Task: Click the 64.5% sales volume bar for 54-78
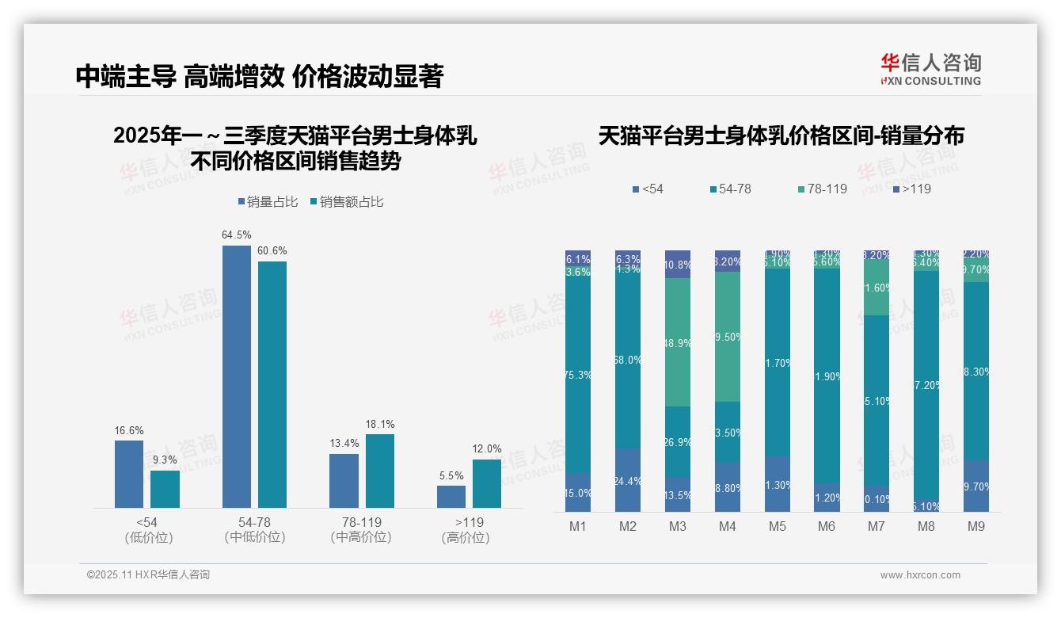[x=236, y=376]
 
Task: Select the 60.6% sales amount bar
[x=272, y=384]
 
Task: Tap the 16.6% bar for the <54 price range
[x=129, y=474]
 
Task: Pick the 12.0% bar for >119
[x=487, y=483]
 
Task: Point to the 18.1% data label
[x=380, y=425]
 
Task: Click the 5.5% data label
[x=451, y=476]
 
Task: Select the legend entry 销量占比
[x=268, y=202]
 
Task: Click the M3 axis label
[x=678, y=527]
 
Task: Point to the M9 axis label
[x=976, y=527]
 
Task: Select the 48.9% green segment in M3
[x=678, y=342]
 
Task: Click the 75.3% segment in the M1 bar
[x=578, y=375]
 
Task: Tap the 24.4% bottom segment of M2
[x=628, y=480]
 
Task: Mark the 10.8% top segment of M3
[x=678, y=264]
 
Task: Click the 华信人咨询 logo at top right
[x=930, y=70]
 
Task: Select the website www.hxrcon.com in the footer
[x=920, y=575]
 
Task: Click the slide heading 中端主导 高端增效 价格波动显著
[x=260, y=76]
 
